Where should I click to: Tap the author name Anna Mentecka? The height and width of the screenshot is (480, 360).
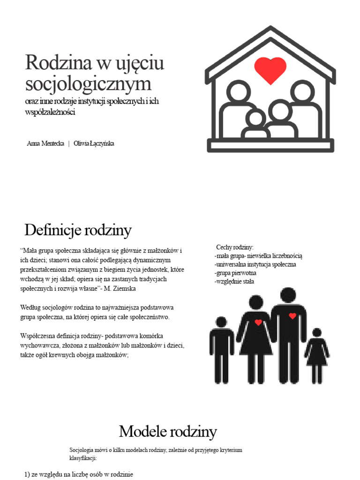click(45, 143)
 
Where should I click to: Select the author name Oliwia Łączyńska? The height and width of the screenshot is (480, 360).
click(94, 143)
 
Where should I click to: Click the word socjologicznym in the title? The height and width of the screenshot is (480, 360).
click(89, 84)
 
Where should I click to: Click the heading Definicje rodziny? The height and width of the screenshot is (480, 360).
click(78, 230)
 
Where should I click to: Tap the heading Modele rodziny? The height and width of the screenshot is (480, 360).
click(167, 431)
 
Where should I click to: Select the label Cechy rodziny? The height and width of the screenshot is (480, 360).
click(234, 247)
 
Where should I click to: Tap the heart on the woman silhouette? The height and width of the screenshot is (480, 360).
click(258, 322)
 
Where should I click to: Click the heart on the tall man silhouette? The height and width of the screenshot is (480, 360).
click(292, 316)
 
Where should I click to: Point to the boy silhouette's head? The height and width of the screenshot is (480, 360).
click(221, 322)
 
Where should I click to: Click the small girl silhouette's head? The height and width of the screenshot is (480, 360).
click(317, 332)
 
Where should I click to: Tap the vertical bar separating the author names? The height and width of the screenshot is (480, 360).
click(69, 143)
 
